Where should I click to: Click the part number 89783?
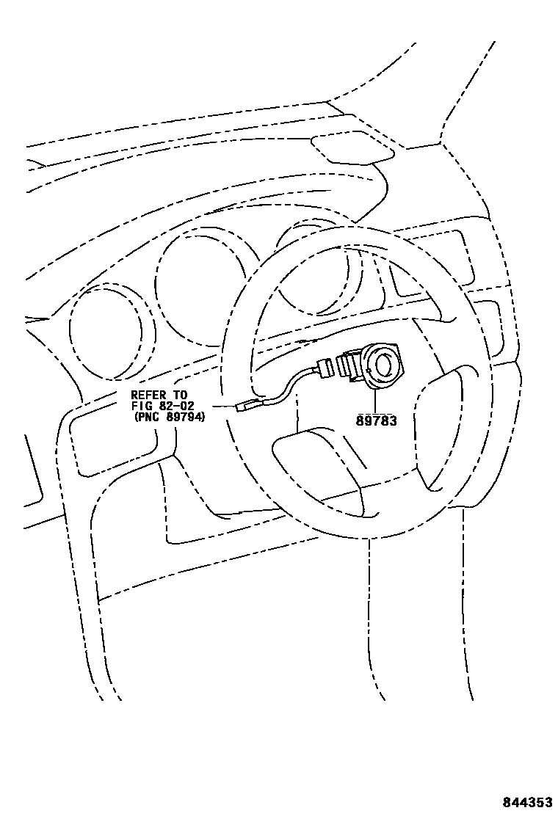(377, 420)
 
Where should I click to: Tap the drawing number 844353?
(526, 803)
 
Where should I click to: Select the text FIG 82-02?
(162, 407)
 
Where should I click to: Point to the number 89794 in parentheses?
(184, 417)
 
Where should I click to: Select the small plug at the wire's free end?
(247, 404)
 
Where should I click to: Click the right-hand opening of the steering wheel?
(441, 426)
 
